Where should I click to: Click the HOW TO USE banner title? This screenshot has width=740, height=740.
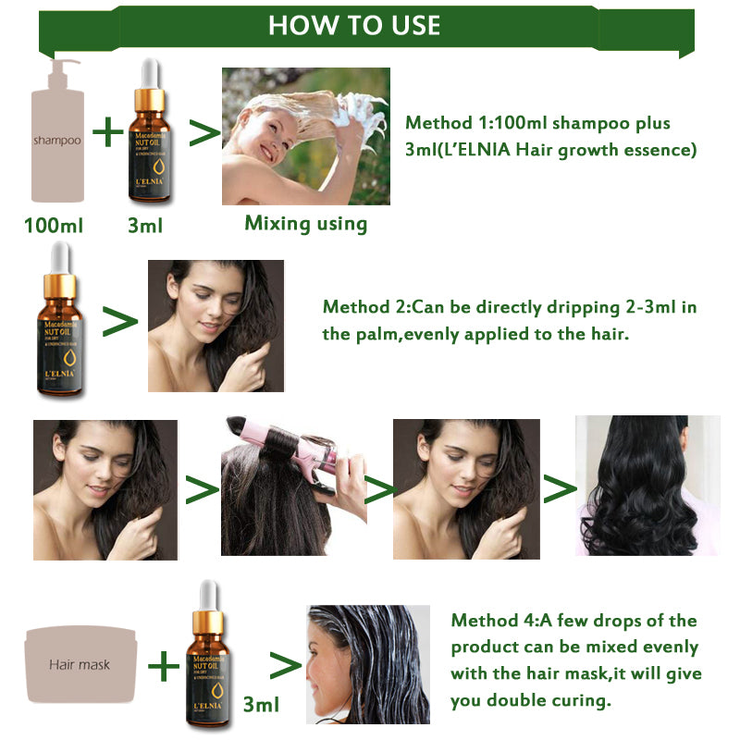354,25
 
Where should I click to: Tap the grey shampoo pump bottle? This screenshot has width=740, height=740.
57,134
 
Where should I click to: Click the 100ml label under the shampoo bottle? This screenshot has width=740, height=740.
53,225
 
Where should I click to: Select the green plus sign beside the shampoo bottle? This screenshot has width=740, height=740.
107,133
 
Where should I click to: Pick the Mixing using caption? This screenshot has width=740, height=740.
305,223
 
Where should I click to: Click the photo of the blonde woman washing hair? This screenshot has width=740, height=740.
305,136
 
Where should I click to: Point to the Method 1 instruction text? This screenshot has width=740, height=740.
550,136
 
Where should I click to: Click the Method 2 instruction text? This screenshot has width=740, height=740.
510,320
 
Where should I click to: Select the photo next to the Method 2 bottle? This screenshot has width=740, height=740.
216,326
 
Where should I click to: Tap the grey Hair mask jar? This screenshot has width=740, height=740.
80,662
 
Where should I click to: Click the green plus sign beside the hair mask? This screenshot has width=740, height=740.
164,664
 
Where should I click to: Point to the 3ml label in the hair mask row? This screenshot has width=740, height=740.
260,705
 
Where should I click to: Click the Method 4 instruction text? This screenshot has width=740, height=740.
574,660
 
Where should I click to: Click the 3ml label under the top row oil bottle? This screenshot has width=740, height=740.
145,225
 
